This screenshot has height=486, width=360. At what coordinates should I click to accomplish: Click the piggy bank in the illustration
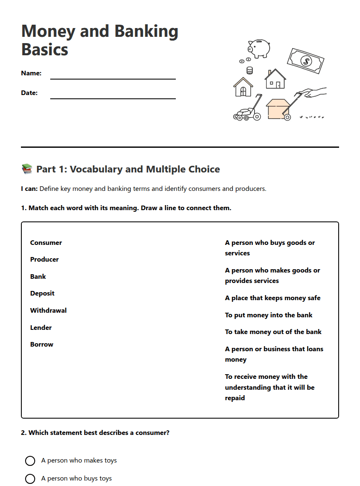(259, 48)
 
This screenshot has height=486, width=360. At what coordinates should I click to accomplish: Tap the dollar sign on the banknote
(306, 62)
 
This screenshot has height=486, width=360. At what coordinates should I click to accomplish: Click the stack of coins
(249, 70)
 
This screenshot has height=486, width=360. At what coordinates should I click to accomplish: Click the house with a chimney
(275, 80)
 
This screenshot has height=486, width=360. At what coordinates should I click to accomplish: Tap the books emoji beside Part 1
(27, 169)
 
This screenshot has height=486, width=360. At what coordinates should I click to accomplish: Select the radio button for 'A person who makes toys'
(30, 461)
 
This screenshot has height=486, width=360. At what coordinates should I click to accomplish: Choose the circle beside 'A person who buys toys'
(30, 479)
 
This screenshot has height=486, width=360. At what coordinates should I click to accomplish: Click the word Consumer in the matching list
(46, 243)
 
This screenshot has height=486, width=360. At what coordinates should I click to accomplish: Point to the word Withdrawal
(48, 311)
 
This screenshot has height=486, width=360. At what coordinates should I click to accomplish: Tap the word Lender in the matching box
(41, 328)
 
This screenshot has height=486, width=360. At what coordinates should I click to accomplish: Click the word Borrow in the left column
(42, 345)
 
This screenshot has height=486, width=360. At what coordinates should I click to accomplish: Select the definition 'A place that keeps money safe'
(273, 298)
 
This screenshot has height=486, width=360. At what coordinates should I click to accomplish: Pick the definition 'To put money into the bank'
(268, 315)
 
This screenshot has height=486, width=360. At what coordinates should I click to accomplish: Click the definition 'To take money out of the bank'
(273, 332)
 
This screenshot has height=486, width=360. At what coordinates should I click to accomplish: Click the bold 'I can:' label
(29, 189)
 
